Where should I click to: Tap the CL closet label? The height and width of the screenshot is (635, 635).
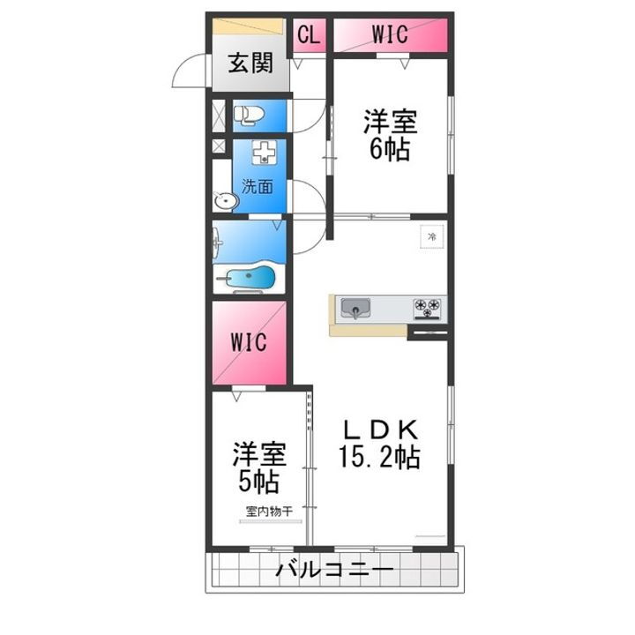(308, 35)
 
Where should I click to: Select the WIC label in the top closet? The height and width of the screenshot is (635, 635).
(388, 35)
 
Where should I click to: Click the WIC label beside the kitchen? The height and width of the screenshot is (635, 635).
(249, 341)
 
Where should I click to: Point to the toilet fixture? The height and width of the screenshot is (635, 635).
(249, 115)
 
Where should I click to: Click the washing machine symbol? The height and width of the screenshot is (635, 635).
(263, 155)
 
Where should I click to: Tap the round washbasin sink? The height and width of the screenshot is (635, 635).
(227, 202)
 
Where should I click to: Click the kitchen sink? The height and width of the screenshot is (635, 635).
(356, 309)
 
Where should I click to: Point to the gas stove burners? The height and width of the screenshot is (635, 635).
(430, 308)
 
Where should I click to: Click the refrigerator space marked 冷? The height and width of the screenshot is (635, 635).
(431, 236)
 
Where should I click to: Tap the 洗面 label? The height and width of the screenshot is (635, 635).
(258, 186)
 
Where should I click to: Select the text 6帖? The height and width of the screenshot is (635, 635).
(388, 150)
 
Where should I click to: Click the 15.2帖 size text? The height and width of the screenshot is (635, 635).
(380, 458)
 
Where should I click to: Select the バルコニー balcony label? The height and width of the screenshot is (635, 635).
(333, 571)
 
